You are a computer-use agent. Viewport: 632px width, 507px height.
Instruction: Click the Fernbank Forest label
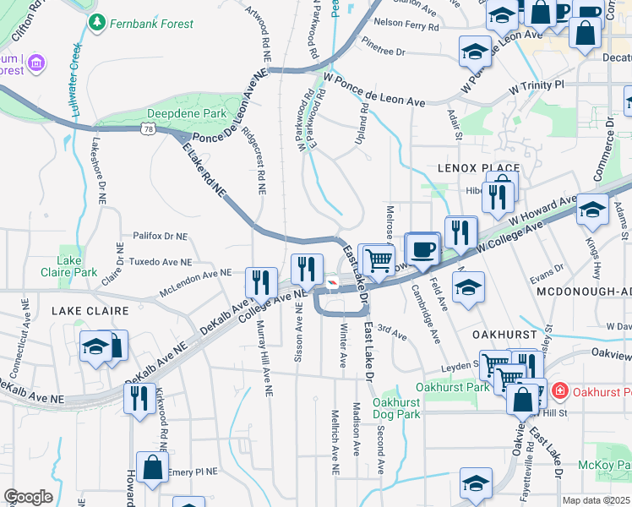(x=151, y=24)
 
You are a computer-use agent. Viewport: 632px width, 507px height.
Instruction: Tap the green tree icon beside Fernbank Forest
(x=99, y=23)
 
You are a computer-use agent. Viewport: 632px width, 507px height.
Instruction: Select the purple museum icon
(x=35, y=62)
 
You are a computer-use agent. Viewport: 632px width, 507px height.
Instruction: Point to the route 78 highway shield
(x=149, y=129)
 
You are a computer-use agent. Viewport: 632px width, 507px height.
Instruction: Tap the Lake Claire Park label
(x=68, y=266)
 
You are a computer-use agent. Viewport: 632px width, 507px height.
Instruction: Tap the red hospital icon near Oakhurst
(x=559, y=391)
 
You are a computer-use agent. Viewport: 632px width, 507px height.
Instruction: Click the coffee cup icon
(x=422, y=248)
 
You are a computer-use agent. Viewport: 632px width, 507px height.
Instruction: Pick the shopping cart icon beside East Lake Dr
(x=379, y=259)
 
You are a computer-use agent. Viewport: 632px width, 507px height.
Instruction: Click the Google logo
(x=28, y=497)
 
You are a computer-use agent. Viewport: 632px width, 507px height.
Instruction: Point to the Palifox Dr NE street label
(x=161, y=237)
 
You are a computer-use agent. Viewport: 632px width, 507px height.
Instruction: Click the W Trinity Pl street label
(x=535, y=86)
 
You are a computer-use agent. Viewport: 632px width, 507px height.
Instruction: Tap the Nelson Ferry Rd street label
(x=406, y=26)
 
